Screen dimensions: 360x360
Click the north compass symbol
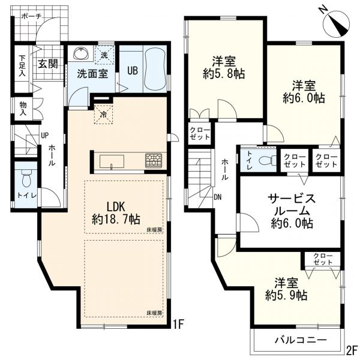(x=336, y=23)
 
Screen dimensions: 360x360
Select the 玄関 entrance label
(x=48, y=64)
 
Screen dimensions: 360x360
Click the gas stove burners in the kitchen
(x=153, y=160)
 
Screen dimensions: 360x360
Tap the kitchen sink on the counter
(x=112, y=161)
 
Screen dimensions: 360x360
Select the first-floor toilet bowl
(x=26, y=178)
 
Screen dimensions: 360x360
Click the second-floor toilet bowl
(x=268, y=160)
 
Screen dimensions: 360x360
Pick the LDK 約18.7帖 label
(x=116, y=213)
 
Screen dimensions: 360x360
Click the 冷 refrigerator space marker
(x=104, y=114)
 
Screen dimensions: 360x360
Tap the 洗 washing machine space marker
(x=104, y=55)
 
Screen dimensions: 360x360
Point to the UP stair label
(x=44, y=136)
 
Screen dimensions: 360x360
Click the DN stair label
(x=217, y=197)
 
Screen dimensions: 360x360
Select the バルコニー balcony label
(x=301, y=340)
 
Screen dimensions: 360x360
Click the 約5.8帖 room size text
(x=224, y=74)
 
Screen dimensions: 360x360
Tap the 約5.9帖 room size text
(x=286, y=295)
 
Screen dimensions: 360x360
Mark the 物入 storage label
(x=23, y=109)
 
